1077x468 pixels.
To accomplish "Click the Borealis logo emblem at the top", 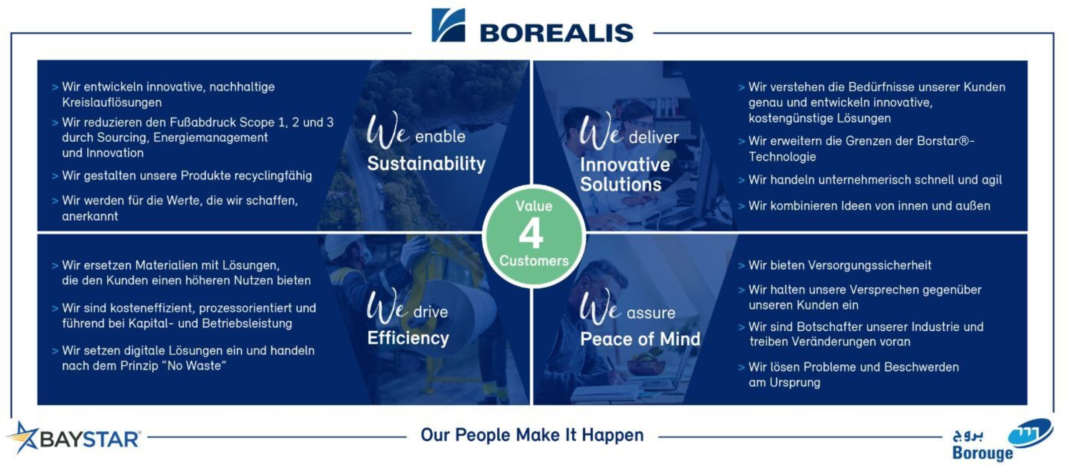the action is click(x=448, y=25).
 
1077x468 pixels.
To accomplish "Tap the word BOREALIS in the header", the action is click(x=557, y=33).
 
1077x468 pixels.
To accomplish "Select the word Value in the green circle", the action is click(x=534, y=206).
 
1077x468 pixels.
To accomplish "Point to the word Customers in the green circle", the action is click(x=534, y=261).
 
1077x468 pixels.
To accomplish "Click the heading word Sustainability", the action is click(x=427, y=163).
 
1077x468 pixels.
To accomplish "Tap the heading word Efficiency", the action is click(x=408, y=338).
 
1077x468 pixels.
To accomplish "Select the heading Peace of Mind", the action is click(x=640, y=339).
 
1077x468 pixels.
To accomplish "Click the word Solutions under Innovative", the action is click(x=621, y=185).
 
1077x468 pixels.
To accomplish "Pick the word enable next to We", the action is click(x=440, y=137).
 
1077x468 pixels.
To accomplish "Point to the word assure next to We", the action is click(x=651, y=313).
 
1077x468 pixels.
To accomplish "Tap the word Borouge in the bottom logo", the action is click(x=982, y=453).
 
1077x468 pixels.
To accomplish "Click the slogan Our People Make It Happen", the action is click(x=532, y=435).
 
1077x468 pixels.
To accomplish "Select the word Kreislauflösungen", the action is click(x=112, y=102).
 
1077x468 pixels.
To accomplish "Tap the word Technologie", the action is click(x=782, y=157).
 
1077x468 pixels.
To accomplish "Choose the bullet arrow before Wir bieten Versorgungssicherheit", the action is click(x=741, y=266).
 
